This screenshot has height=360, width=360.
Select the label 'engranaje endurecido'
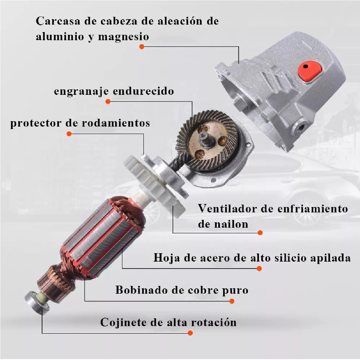(114, 91)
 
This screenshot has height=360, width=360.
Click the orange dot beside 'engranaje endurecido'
(108, 102)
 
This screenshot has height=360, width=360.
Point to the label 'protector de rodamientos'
(80, 123)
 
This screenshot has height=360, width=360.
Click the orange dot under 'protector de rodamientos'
(69, 134)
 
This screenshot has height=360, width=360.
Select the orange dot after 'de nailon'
(260, 232)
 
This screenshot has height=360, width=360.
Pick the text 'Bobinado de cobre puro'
(182, 290)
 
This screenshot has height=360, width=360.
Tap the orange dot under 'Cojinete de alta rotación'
(190, 333)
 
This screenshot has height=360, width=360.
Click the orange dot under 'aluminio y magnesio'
(142, 47)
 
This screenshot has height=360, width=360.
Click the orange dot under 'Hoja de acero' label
(259, 268)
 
